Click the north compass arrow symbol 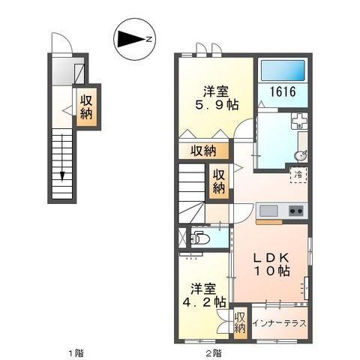[134, 38]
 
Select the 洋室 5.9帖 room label [216, 98]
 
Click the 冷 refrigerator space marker [298, 174]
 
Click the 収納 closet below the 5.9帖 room [202, 151]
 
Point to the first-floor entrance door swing [61, 46]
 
